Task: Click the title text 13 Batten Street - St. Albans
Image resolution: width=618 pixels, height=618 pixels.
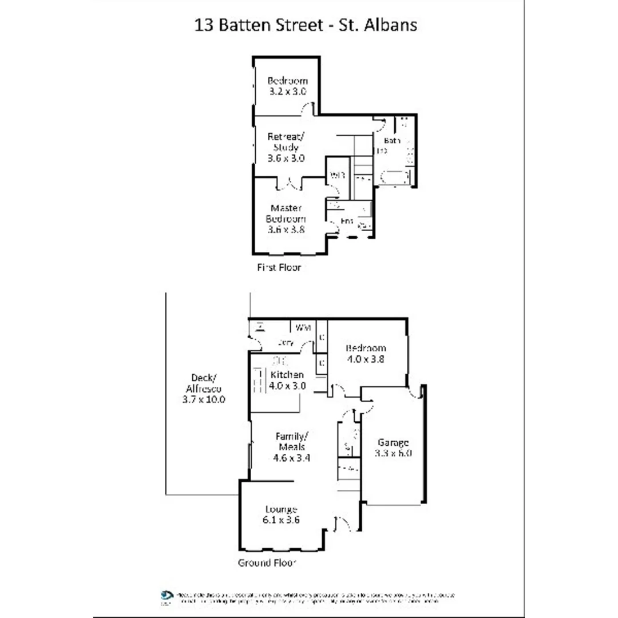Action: (x=306, y=26)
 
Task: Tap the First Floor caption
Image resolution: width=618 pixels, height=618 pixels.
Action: (x=279, y=267)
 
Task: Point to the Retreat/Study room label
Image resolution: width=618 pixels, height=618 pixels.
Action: (x=286, y=142)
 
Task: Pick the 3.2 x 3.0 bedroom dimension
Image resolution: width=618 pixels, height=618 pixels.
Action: (x=287, y=91)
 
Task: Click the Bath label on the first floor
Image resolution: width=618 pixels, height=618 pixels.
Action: (x=392, y=140)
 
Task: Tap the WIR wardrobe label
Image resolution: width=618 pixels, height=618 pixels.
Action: (x=337, y=176)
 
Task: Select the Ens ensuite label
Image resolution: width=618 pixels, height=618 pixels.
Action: (x=346, y=221)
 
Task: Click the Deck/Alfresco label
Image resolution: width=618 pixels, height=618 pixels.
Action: (x=204, y=382)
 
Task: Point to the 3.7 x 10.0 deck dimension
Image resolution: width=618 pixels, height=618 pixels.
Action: (x=204, y=399)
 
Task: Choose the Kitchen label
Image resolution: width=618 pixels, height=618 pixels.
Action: (x=287, y=375)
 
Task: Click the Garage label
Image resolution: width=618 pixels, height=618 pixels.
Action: (x=393, y=442)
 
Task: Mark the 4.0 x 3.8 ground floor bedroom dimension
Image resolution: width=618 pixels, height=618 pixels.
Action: (x=366, y=359)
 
